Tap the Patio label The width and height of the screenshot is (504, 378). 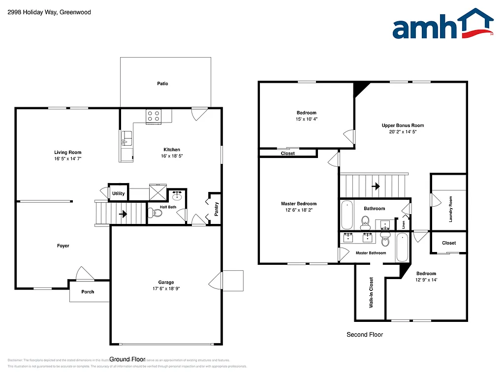coord(162,84)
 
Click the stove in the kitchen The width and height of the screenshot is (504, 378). coord(153,117)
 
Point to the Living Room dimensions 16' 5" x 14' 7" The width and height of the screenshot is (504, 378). coord(67,158)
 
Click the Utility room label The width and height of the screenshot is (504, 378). coord(118,193)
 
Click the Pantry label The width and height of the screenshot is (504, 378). coord(216,209)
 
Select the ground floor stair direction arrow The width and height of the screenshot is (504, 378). coord(123,214)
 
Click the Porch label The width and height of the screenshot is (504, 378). coord(88,292)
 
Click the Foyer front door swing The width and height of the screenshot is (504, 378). coord(84,274)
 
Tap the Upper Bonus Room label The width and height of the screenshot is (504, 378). coord(403,126)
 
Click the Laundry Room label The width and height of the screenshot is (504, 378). coord(450,209)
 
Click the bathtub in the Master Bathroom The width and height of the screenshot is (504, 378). coord(402,247)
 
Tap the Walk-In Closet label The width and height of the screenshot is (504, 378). coord(371,292)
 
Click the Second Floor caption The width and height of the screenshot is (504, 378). coord(364,335)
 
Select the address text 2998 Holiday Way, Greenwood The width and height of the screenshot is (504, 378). coord(42,12)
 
